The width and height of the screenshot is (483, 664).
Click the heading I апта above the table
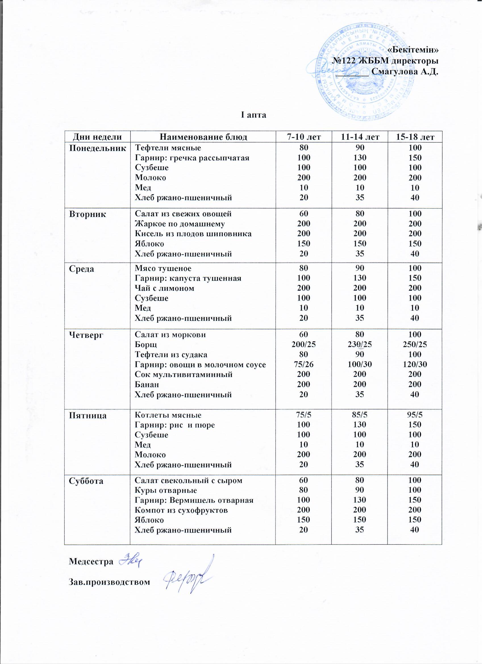click(254, 115)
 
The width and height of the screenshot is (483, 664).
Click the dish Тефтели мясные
click(168, 148)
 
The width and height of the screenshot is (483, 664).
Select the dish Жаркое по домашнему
click(180, 224)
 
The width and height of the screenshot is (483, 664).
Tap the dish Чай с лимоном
click(164, 288)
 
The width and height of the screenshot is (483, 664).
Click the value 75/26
click(304, 364)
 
